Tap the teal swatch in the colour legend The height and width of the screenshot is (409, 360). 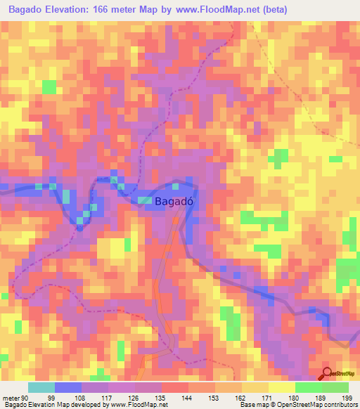(41, 387)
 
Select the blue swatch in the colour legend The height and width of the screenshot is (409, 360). (68, 387)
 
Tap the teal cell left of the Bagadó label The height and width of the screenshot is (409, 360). (144, 202)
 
